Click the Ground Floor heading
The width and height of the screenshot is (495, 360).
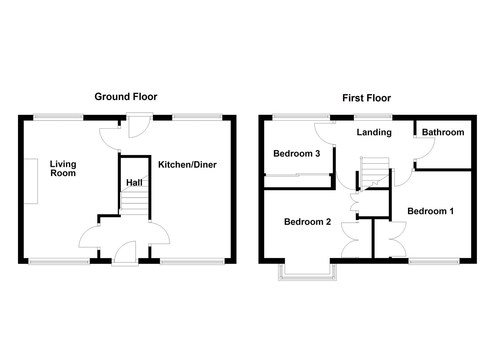click(x=126, y=97)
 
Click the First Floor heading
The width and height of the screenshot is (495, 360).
click(x=366, y=98)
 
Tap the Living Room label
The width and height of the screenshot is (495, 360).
click(x=63, y=169)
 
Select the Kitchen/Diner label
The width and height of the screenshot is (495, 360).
click(x=187, y=165)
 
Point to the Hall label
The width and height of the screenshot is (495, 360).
click(x=134, y=183)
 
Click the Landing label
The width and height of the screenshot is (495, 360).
click(x=374, y=132)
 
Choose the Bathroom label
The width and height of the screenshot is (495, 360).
click(x=443, y=132)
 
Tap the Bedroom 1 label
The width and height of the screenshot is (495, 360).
click(x=430, y=211)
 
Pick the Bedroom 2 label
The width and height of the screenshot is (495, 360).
click(x=307, y=222)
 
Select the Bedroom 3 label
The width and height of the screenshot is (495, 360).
click(x=297, y=154)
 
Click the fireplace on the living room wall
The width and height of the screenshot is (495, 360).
click(x=31, y=181)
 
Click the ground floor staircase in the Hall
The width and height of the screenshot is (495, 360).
click(x=134, y=200)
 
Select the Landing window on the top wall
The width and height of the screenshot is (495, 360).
click(x=373, y=117)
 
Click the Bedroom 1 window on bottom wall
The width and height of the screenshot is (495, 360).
click(x=434, y=262)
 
